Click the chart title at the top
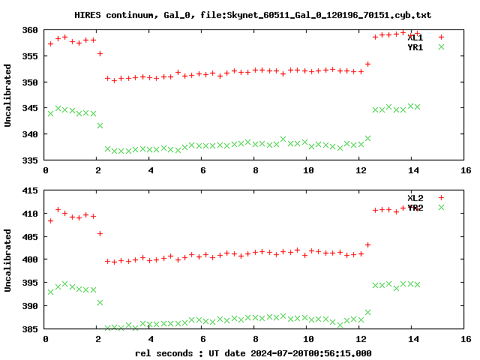tap(253, 15)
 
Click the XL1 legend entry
tap(415, 37)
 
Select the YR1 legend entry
tap(415, 47)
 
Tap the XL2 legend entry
tap(415, 197)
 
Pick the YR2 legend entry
tap(415, 208)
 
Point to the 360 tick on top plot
tap(30, 30)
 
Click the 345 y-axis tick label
tap(30, 109)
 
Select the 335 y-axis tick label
tap(30, 160)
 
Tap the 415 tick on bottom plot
tap(30, 190)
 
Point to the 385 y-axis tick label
tap(30, 329)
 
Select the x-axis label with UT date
tap(253, 352)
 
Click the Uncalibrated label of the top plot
tap(8, 95)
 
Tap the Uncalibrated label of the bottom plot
tap(8, 259)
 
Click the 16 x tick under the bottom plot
tap(466, 339)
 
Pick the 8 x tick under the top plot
tap(256, 170)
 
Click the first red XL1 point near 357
tap(50, 43)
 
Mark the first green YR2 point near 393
tap(50, 292)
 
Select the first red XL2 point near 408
tap(50, 220)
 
